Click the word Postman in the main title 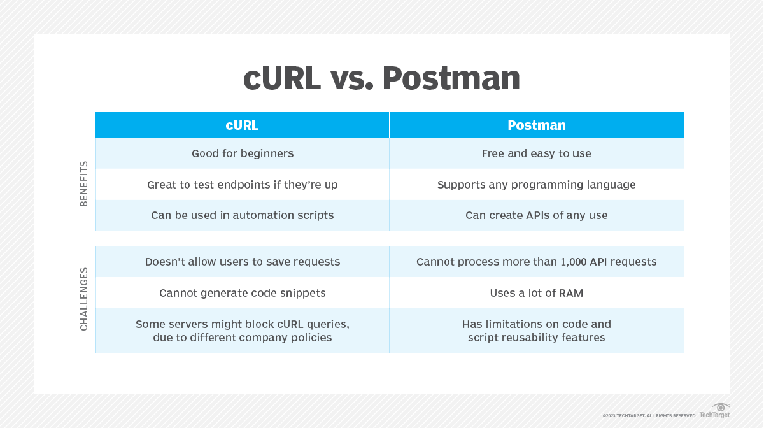coord(451,78)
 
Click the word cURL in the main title coord(282,78)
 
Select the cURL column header coord(242,125)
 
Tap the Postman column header coord(537,125)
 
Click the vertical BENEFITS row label coord(84,184)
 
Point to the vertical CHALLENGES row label coord(84,299)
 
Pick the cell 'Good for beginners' coord(243,153)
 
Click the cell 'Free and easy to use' coord(537,153)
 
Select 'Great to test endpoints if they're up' coord(243,185)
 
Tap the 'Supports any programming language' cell coord(537,185)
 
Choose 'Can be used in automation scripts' coord(243,215)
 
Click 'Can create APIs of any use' coord(537,215)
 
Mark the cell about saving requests coord(243,262)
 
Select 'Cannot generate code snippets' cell coord(243,293)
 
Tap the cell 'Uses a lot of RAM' coord(537,293)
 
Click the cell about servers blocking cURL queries coord(243,331)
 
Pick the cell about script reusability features coord(537,331)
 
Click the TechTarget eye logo coord(720,407)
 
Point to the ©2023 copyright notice coord(649,416)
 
